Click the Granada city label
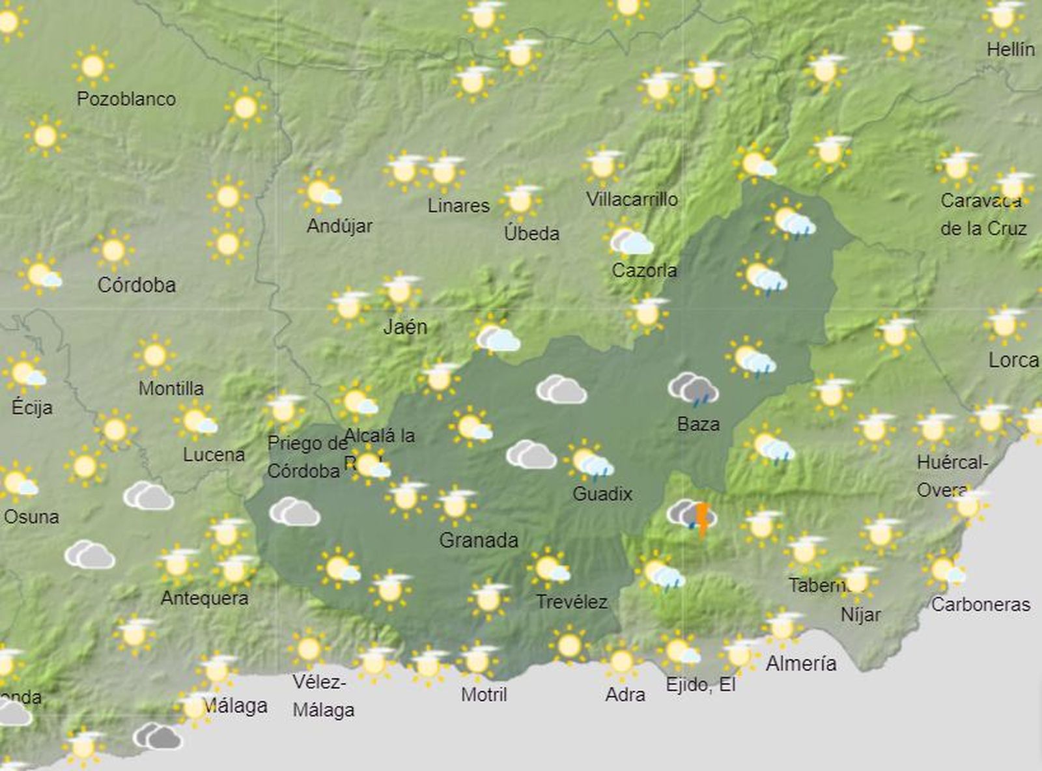coord(479,540)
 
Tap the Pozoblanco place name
coord(126,99)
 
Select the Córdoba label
coord(137,285)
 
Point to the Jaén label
coord(405,326)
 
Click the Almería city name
coord(801,664)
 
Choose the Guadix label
coord(602,494)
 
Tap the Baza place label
coord(698,424)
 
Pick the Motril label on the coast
coord(484,694)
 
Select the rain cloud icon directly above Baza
coord(694,389)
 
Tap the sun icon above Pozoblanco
coord(93,66)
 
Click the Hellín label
coord(1010,49)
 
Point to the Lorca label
coord(1013,359)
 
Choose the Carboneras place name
coord(981,604)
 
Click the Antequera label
coord(204,598)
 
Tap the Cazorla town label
coord(644,270)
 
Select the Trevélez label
coord(572,602)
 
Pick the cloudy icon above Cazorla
coord(630,241)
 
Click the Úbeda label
coord(532,233)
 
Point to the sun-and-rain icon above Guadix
coord(590,460)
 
